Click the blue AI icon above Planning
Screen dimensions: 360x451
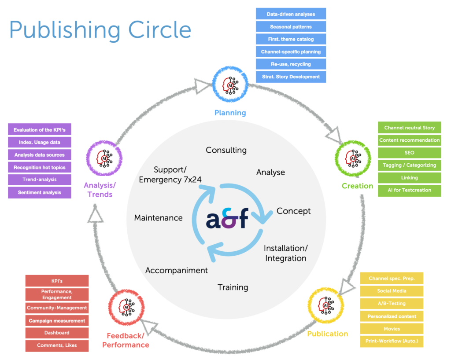(230, 82)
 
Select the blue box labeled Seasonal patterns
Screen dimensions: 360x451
(291, 26)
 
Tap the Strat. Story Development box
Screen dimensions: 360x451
(291, 77)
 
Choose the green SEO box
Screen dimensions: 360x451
(409, 153)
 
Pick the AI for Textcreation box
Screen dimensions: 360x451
(409, 190)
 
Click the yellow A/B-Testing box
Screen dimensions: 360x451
(392, 304)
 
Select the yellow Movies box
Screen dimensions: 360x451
(392, 329)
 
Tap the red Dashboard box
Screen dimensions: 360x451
(57, 333)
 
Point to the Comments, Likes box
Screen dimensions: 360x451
(57, 345)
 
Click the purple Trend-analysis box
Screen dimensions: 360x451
(40, 180)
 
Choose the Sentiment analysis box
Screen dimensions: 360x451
(40, 192)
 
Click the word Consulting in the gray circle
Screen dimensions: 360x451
(226, 150)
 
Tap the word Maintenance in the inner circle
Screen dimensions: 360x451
(158, 218)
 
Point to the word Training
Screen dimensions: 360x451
(233, 287)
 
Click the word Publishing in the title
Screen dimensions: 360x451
(64, 30)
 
